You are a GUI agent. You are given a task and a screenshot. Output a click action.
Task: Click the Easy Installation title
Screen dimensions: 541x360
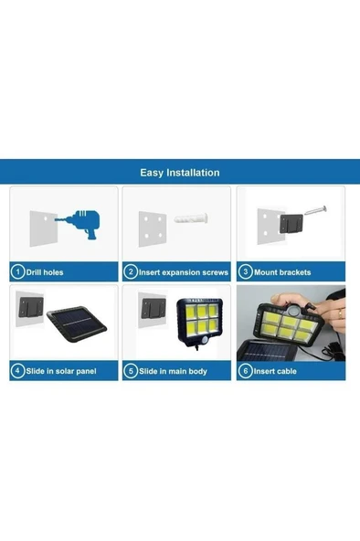coord(179,172)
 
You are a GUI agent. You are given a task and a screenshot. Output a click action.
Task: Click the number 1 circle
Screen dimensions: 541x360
coord(17,272)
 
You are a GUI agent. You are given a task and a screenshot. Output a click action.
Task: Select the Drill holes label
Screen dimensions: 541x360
coord(45,272)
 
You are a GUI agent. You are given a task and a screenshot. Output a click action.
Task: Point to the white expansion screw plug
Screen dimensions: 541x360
coord(187,224)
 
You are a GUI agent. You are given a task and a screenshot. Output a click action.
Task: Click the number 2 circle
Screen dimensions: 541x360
coord(131,272)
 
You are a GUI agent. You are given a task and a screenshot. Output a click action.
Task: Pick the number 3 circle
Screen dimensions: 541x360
coord(245,272)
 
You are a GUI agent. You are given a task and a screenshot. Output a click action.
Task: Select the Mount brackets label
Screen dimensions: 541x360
coord(282,272)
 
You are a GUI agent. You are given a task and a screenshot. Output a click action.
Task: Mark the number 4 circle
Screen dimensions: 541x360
coord(17,371)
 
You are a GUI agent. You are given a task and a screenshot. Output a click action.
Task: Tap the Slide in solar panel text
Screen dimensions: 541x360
coord(59,371)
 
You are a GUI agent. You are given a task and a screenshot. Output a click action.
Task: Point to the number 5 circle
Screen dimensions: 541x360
coord(131,371)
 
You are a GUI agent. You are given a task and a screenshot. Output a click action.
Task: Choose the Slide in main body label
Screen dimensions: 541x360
coord(173,371)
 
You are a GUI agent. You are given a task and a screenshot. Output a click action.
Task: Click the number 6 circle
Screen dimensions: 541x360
coord(245,371)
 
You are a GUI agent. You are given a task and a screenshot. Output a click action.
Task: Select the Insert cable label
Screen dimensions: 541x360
coord(277,371)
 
